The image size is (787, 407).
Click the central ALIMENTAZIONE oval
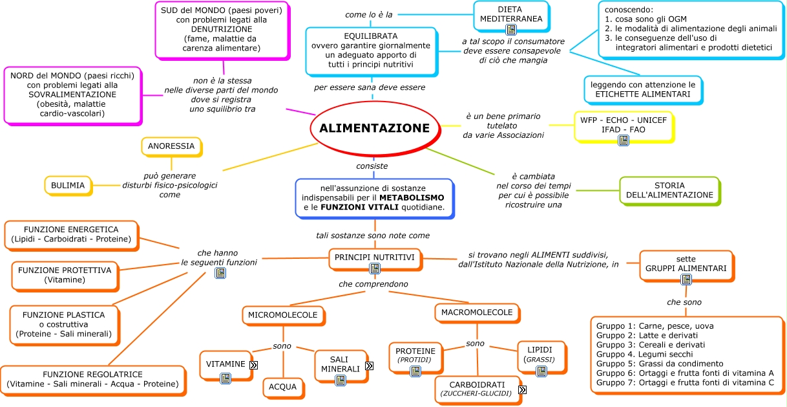click(x=374, y=128)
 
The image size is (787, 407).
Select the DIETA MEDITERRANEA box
click(x=510, y=14)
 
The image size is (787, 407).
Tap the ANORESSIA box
click(x=171, y=146)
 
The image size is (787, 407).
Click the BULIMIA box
click(x=68, y=186)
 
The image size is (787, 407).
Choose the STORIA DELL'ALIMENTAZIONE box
click(x=669, y=190)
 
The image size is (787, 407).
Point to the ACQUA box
click(x=283, y=387)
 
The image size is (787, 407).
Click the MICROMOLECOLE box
click(x=282, y=315)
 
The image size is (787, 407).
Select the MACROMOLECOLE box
click(x=477, y=313)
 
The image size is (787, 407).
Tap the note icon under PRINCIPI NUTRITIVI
click(x=375, y=269)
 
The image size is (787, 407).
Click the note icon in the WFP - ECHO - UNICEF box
click(x=623, y=140)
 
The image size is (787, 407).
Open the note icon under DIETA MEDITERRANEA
click(x=511, y=30)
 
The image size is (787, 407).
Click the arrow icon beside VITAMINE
click(x=254, y=365)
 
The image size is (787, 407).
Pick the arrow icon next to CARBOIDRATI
click(x=522, y=390)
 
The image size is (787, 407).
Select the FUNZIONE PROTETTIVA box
click(x=65, y=275)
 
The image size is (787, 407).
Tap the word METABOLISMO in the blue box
click(x=411, y=197)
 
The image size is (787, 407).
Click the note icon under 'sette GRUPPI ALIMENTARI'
click(x=686, y=280)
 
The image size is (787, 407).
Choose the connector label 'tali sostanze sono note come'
click(x=372, y=236)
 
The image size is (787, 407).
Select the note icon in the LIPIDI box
click(x=541, y=371)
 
